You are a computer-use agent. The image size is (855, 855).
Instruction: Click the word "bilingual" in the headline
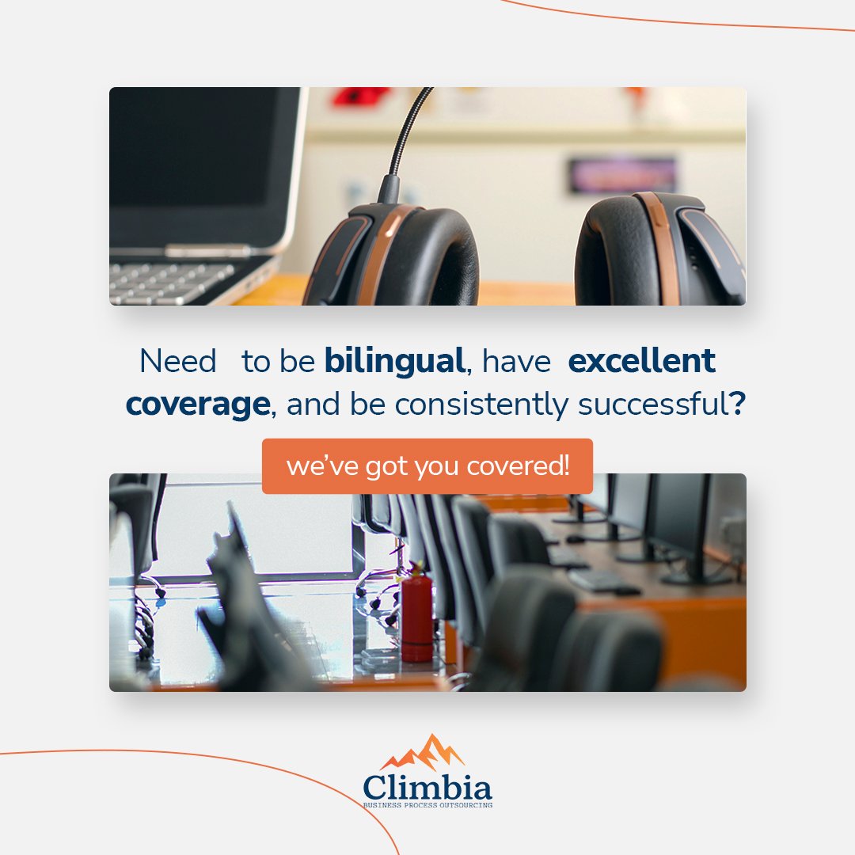[x=393, y=362]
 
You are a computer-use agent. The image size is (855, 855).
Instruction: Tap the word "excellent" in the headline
[x=641, y=362]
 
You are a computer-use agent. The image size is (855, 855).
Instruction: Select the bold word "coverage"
[x=197, y=405]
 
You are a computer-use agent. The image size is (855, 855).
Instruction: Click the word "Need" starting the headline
[x=177, y=362]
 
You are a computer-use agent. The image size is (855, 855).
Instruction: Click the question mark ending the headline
[x=738, y=405]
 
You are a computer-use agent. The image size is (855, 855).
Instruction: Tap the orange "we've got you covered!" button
[x=427, y=466]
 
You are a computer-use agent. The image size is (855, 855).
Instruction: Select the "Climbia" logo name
[x=427, y=787]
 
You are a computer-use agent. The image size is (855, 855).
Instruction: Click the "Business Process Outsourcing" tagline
[x=427, y=804]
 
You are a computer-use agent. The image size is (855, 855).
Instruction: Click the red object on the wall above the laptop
[x=360, y=97]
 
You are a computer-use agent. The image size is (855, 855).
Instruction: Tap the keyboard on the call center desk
[x=602, y=582]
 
